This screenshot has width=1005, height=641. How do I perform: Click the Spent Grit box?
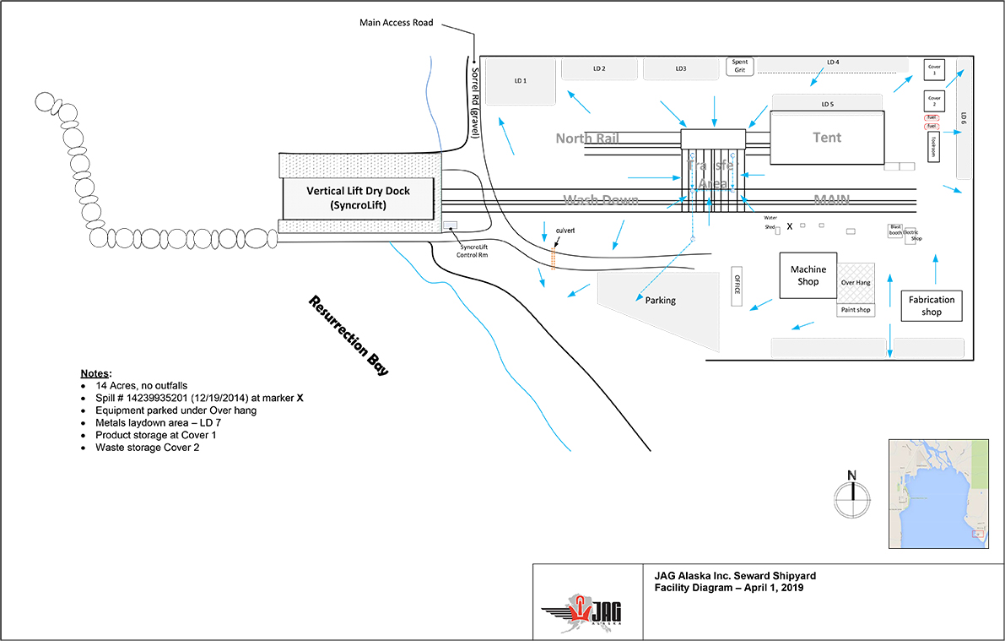[x=740, y=66]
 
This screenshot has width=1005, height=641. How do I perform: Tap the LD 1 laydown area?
[x=521, y=81]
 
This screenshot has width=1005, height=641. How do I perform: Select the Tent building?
[x=826, y=138]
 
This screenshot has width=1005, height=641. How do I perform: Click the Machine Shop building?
[x=808, y=275]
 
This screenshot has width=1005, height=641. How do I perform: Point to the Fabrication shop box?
[x=932, y=306]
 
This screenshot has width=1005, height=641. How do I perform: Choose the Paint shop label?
[x=856, y=310]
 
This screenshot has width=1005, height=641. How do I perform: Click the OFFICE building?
[x=737, y=287]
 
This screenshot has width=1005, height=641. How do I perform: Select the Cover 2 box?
[x=934, y=100]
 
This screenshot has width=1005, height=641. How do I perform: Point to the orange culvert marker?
[x=554, y=258]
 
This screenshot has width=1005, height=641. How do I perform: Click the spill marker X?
[x=790, y=226]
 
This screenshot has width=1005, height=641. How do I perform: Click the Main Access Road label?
[x=396, y=23]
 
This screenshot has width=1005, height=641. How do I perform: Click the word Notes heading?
[x=95, y=373]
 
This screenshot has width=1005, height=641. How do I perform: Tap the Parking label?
[x=661, y=300]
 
